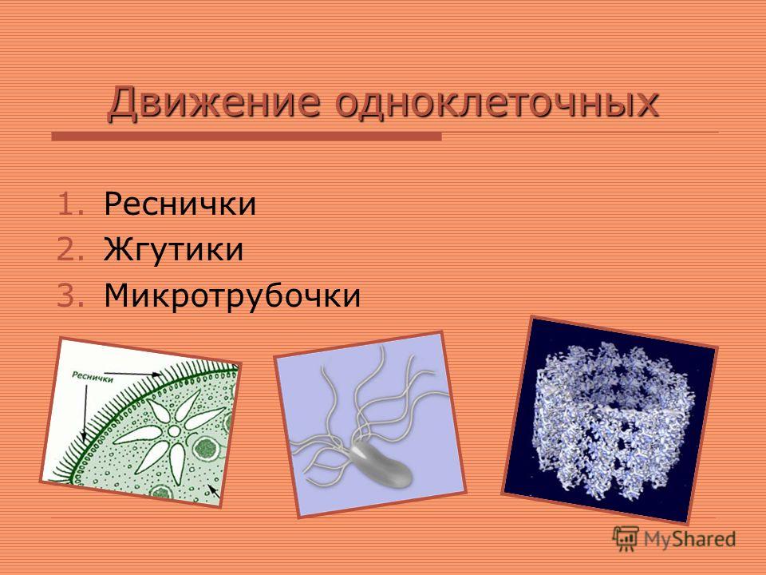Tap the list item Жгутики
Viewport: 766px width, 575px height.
tap(173, 249)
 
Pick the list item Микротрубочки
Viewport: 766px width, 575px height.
tap(232, 295)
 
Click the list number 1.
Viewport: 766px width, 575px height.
tap(71, 204)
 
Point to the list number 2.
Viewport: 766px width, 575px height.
tap(71, 249)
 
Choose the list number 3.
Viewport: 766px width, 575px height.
tap(71, 295)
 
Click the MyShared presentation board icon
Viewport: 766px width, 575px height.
tap(626, 538)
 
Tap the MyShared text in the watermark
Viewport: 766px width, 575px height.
tap(689, 539)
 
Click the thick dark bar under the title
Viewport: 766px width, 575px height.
tap(247, 137)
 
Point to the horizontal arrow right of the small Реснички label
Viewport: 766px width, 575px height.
tap(133, 375)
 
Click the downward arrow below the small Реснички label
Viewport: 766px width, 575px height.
tap(85, 413)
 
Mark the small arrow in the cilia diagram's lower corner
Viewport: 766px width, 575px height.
tap(214, 490)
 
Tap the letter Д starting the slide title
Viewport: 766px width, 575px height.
tap(121, 103)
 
